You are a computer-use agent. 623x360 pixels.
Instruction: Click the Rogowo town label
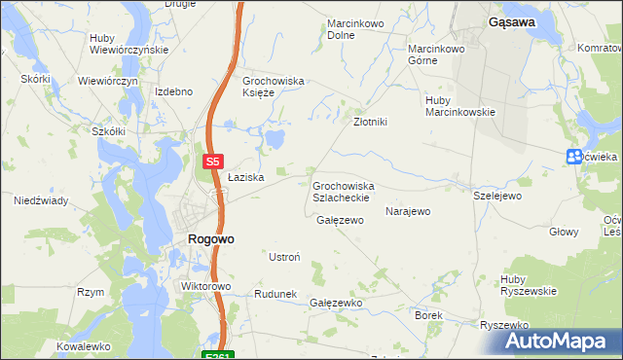coord(209,238)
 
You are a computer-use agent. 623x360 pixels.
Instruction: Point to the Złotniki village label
coord(371,123)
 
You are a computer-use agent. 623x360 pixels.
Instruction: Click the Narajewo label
coord(408,211)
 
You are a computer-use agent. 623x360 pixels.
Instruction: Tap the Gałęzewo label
coord(340,220)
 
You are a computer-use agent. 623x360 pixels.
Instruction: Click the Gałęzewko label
coord(336,304)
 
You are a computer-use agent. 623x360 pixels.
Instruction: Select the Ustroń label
coord(283,257)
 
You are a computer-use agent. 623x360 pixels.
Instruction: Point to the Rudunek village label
coord(275,294)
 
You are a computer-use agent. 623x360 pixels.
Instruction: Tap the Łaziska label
coord(246,178)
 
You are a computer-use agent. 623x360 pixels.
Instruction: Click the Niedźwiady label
coord(40,201)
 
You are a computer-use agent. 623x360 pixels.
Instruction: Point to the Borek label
coord(428,316)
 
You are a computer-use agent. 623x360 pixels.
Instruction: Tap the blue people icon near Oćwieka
coord(574,158)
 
